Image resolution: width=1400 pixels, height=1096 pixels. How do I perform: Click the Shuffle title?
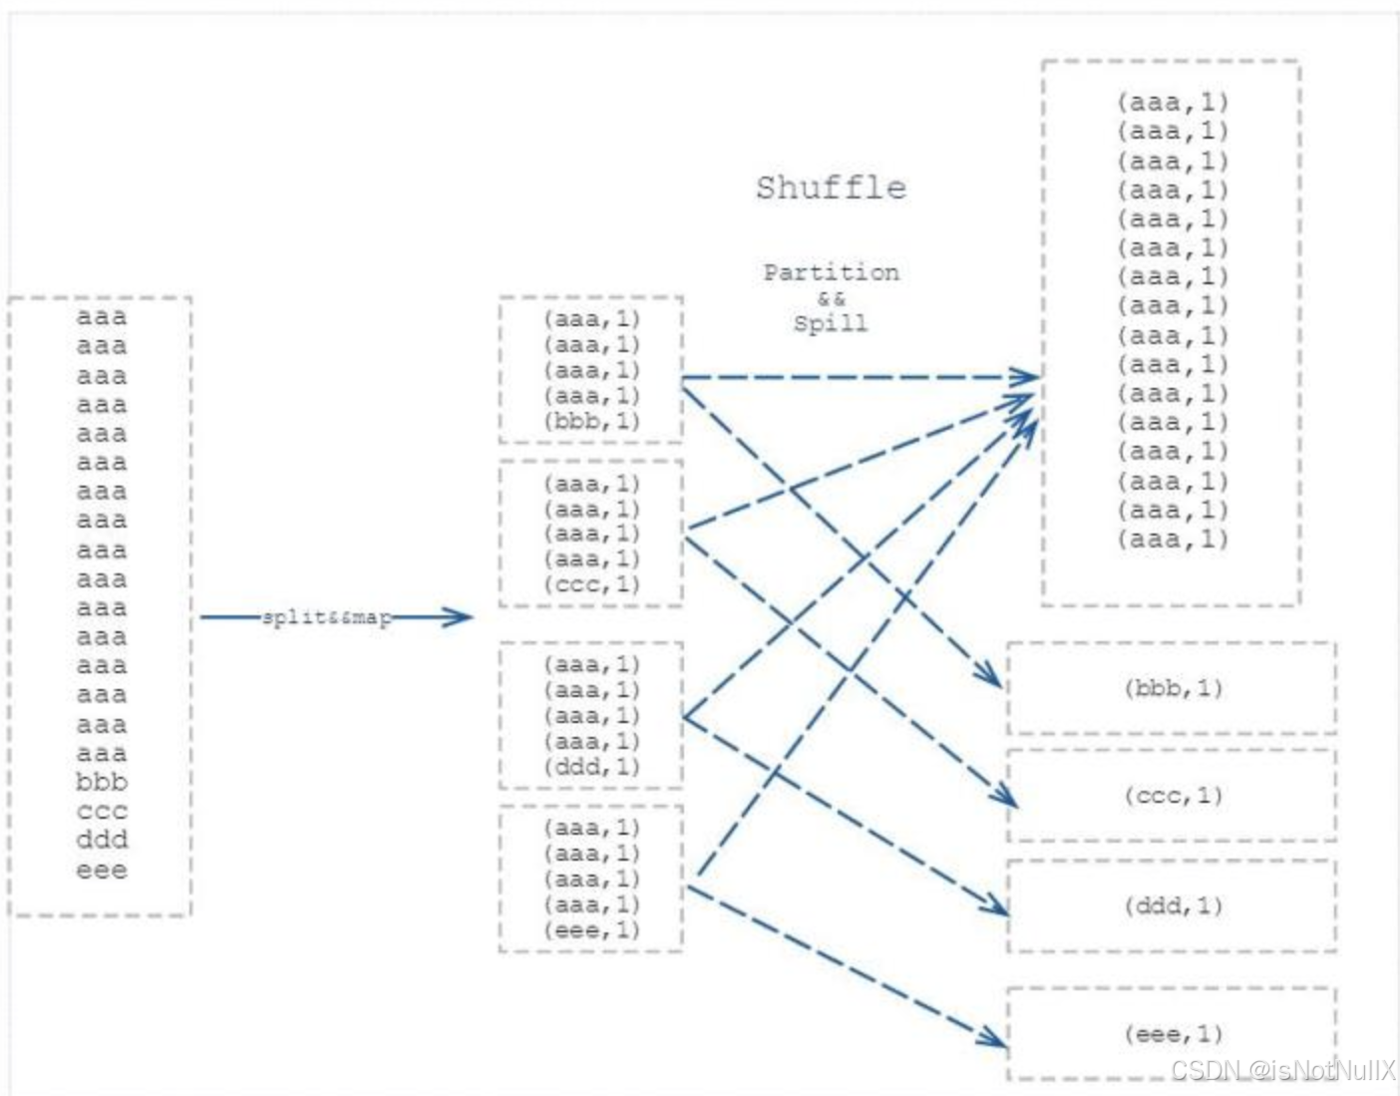(831, 187)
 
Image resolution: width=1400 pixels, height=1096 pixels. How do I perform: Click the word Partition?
(831, 272)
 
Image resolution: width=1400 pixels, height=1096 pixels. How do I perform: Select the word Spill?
(831, 323)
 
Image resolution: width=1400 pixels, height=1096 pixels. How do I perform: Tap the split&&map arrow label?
(326, 617)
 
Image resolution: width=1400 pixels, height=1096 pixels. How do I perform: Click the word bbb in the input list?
(102, 782)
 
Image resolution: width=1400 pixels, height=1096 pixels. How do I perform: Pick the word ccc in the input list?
(102, 811)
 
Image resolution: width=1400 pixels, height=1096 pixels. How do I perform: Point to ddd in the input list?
(102, 840)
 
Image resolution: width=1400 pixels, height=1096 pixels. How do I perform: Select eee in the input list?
(102, 870)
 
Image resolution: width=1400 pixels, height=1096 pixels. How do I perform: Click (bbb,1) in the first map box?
(591, 421)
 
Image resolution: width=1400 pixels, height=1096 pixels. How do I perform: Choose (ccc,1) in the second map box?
(591, 584)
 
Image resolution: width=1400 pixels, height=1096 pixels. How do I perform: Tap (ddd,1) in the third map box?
(591, 767)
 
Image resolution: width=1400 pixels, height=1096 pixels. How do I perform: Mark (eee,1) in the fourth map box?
(591, 930)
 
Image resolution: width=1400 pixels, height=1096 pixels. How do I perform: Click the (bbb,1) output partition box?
(1172, 688)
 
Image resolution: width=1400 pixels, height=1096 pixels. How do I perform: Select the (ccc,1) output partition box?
(1172, 796)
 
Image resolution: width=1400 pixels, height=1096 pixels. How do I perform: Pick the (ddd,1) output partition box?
(1172, 906)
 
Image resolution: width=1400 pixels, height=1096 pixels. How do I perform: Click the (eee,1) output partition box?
(1172, 1034)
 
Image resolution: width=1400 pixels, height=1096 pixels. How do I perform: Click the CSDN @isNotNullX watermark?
(1283, 1070)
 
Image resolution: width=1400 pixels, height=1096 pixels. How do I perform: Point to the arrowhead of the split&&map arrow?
(460, 617)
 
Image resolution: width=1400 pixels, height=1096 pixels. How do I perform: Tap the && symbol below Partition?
(831, 298)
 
